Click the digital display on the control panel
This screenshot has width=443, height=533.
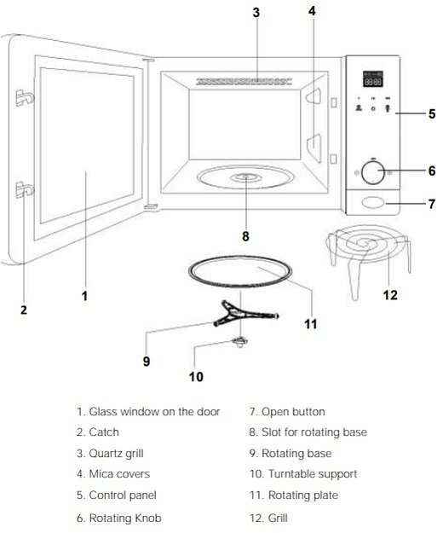[x=373, y=78]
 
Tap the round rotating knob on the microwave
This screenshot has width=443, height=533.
[x=373, y=172]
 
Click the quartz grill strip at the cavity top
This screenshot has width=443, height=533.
[x=244, y=82]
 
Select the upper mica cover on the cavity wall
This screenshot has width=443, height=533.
[x=314, y=96]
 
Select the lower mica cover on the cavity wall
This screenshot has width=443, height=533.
[x=314, y=148]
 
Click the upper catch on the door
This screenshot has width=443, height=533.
[x=25, y=98]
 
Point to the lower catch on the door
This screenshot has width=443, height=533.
[x=25, y=189]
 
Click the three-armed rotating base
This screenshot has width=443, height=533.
[x=245, y=314]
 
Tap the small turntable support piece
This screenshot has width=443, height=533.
[x=240, y=342]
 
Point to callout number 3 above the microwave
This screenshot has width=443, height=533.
[x=256, y=13]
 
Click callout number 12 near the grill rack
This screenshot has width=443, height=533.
[x=390, y=295]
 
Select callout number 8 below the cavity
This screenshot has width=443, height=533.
[x=245, y=236]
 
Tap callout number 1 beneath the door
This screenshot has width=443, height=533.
[x=85, y=296]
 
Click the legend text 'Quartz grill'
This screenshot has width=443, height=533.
[x=116, y=453]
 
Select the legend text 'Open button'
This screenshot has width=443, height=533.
[x=293, y=412]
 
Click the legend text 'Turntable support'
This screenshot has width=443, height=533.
[x=313, y=474]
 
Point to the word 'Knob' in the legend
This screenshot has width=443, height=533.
[x=148, y=518]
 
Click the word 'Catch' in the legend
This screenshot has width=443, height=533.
[x=104, y=432]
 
